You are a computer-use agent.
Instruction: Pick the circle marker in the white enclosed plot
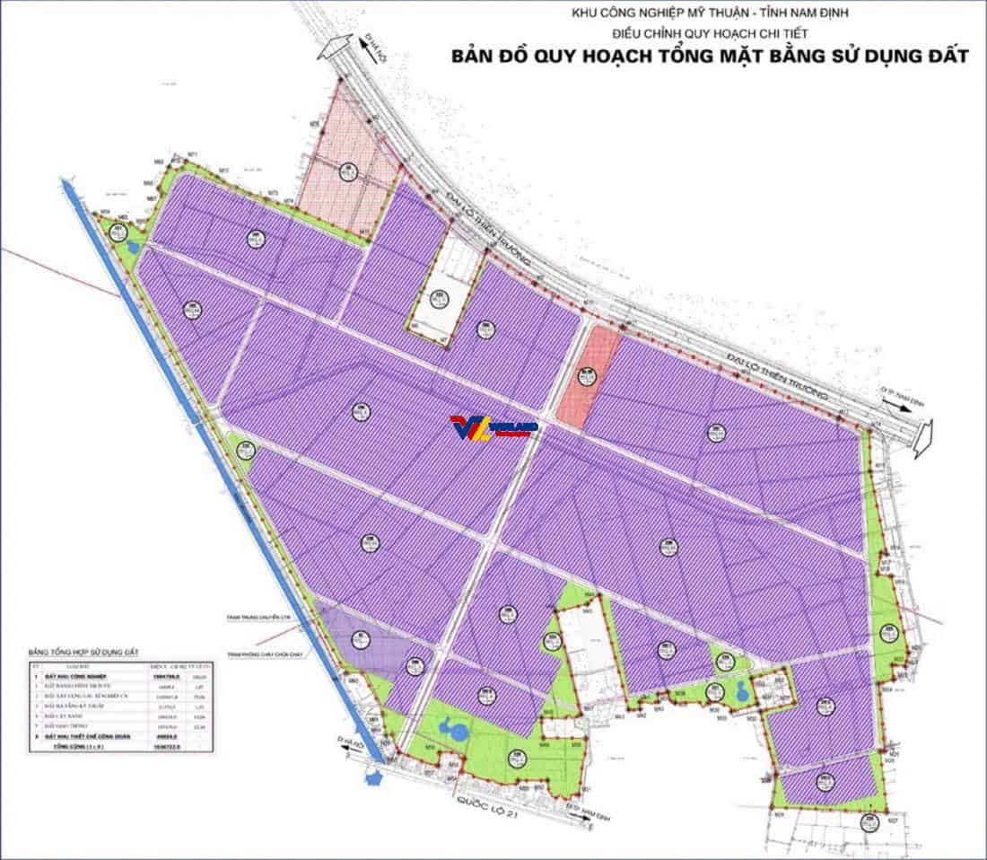[439, 299]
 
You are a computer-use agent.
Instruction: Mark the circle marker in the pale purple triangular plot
[360, 638]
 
